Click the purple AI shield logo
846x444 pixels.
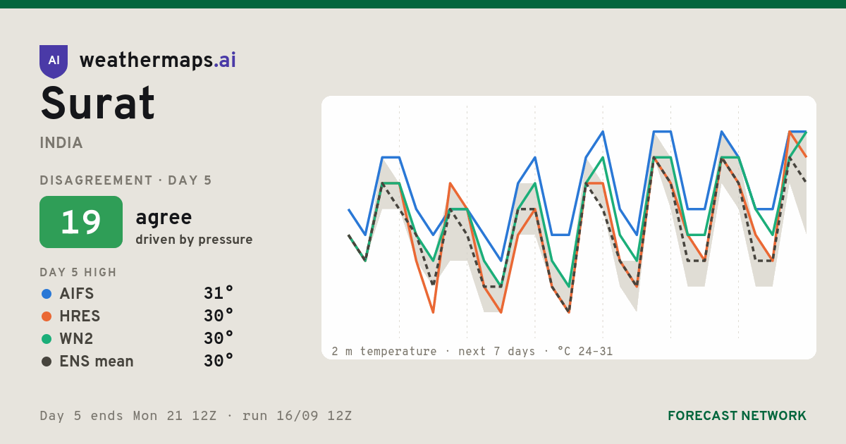(x=54, y=61)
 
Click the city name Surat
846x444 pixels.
(x=97, y=103)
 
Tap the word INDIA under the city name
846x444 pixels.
(x=61, y=143)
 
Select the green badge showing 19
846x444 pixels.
(x=81, y=222)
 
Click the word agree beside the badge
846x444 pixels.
(x=164, y=218)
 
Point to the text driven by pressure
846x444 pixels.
(x=194, y=240)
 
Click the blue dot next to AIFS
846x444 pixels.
(x=47, y=294)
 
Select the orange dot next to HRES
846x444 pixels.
(x=47, y=316)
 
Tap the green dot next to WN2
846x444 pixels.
(x=47, y=339)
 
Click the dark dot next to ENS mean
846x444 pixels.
(x=47, y=362)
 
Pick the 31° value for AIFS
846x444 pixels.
(x=219, y=293)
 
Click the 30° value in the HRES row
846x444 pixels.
(x=219, y=316)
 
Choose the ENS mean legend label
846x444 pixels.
(x=97, y=362)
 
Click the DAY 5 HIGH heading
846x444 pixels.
(x=78, y=272)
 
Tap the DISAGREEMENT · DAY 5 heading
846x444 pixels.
(x=125, y=180)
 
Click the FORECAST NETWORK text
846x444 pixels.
(x=737, y=416)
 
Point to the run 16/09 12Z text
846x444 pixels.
(x=297, y=416)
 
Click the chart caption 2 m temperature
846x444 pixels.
(x=384, y=352)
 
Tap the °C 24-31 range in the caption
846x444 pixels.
(x=584, y=352)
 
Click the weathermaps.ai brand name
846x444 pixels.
(x=157, y=61)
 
